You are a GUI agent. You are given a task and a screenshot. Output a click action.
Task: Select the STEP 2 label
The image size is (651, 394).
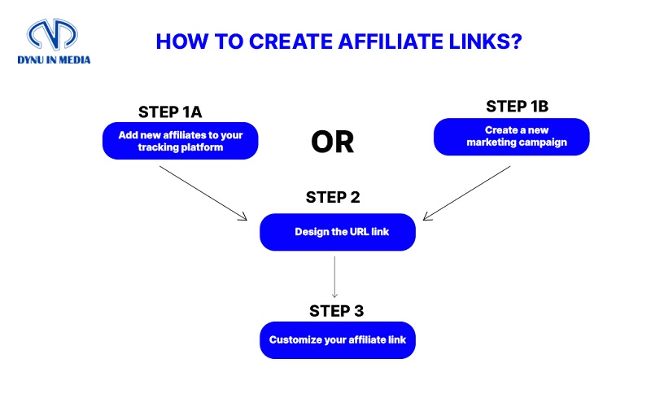334,197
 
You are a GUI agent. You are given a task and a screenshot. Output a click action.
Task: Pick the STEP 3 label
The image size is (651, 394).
337,310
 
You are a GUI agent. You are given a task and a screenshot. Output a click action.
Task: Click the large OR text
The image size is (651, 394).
333,142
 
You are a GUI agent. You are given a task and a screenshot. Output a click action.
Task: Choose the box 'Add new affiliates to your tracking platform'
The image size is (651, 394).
180,140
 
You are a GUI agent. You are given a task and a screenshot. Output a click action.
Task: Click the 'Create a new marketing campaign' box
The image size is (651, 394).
511,136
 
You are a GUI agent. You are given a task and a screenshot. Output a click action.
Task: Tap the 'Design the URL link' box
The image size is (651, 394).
338,232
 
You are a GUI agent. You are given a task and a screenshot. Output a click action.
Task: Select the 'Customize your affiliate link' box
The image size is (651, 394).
338,339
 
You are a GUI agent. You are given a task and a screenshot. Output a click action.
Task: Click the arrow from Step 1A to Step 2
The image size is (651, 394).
203,193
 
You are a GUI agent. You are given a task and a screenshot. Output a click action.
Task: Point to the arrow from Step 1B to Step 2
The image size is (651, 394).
467,193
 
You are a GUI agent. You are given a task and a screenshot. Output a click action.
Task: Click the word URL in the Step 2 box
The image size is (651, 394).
359,232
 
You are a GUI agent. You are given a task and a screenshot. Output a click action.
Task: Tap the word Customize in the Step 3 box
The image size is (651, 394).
294,339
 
